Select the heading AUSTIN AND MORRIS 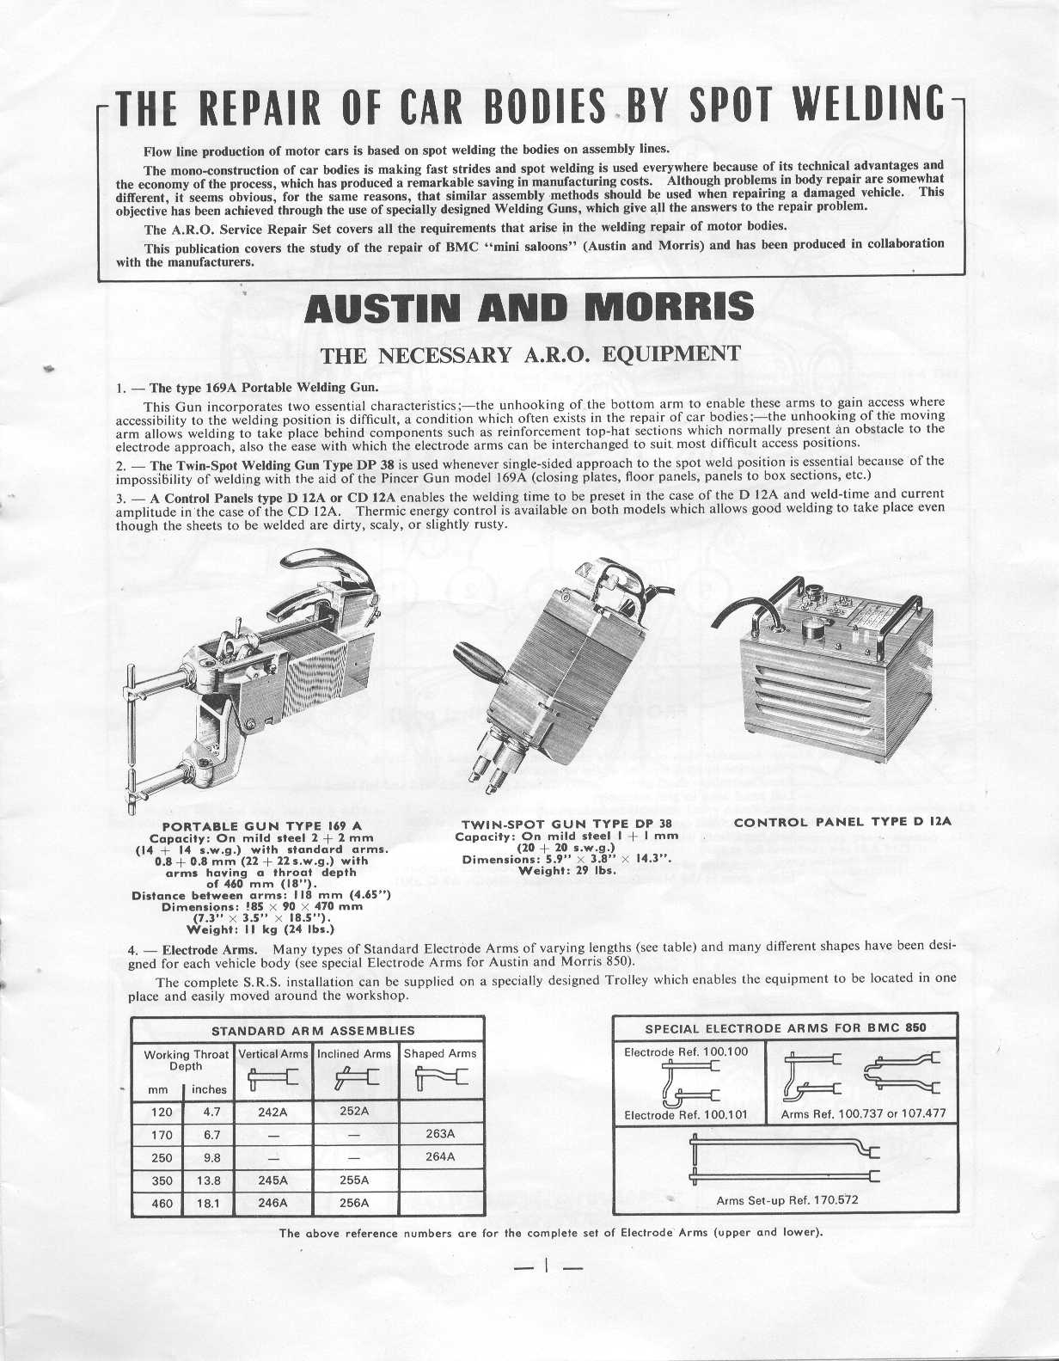click(x=529, y=308)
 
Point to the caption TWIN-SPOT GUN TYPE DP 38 click(x=566, y=824)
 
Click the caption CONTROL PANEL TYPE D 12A click(x=842, y=822)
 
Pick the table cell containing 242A click(x=272, y=1111)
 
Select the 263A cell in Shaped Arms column click(x=439, y=1134)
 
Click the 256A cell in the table click(x=354, y=1203)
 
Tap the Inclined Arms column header click(x=354, y=1053)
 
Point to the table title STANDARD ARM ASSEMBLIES click(x=313, y=1030)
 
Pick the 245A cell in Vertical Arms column click(x=272, y=1180)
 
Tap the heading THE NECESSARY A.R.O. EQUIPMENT click(x=529, y=353)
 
